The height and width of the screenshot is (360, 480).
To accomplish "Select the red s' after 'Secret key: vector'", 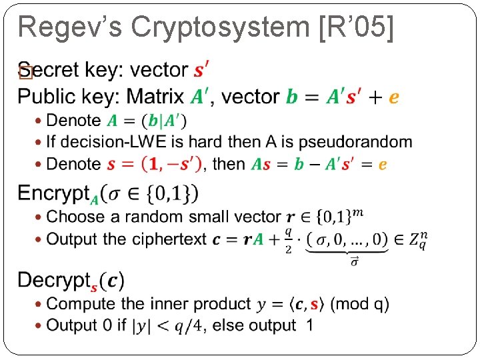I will [201, 69].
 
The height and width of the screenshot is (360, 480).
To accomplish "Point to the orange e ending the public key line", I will [393, 97].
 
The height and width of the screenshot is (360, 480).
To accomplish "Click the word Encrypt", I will [53, 193].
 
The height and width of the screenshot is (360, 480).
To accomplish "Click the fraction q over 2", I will [288, 239].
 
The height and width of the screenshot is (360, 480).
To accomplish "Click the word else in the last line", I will [231, 325].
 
